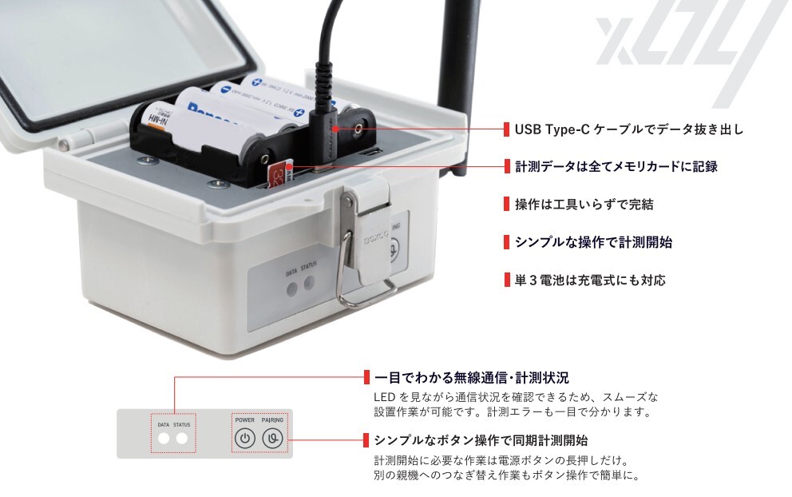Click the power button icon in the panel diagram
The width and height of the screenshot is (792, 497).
click(246, 438)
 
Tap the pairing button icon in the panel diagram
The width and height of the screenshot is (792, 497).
click(273, 438)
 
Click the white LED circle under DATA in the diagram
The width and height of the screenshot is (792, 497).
click(164, 438)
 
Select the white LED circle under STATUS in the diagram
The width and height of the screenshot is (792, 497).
click(182, 438)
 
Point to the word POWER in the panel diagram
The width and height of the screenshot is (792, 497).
click(245, 419)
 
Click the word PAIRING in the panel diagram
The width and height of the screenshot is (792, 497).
click(272, 419)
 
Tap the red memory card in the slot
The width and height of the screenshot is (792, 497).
click(277, 173)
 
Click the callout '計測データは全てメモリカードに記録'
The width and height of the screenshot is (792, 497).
click(616, 166)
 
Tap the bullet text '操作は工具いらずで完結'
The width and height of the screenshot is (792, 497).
click(584, 204)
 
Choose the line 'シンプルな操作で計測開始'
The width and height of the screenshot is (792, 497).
click(593, 242)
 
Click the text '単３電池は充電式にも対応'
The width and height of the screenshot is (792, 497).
click(590, 280)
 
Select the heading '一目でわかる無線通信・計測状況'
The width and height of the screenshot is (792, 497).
click(471, 378)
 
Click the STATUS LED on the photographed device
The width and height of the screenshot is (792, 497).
click(309, 284)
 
